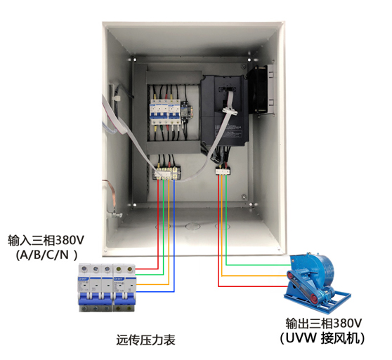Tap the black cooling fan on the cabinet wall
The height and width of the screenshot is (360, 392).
[261, 90]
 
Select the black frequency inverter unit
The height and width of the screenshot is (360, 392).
[225, 110]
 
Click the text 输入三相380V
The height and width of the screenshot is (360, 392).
[46, 240]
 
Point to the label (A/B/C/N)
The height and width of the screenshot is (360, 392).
[46, 255]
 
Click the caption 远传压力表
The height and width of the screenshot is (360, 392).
[145, 340]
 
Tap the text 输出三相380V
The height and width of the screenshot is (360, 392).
[324, 324]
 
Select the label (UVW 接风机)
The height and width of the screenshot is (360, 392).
[322, 338]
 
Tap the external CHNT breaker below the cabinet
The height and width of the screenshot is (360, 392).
[107, 287]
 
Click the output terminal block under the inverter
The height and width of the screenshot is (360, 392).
[223, 171]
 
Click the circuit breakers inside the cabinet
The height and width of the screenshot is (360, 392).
[165, 112]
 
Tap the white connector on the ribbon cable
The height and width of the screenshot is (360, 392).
[230, 111]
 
